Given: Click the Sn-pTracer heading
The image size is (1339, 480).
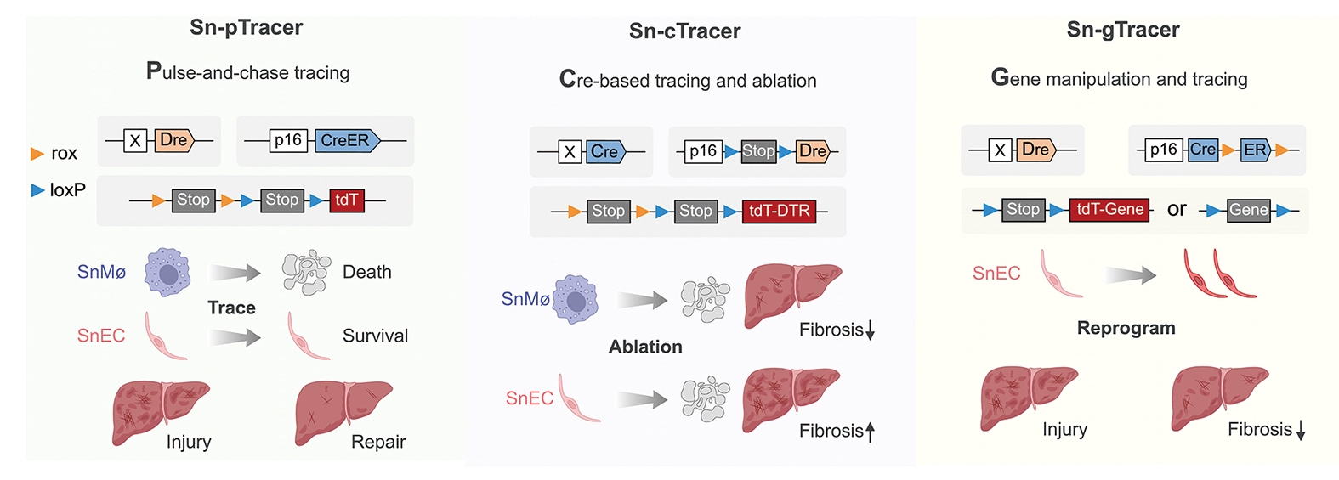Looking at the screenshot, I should (x=246, y=28).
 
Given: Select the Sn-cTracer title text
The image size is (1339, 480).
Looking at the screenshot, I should (x=684, y=31).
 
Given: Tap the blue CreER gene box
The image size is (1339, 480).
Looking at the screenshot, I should (x=345, y=140).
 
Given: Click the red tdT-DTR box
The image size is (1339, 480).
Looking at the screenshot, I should (x=779, y=211).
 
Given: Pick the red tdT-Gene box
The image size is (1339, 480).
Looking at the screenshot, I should (x=1109, y=209).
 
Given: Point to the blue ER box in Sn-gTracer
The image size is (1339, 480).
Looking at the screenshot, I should (x=1254, y=150).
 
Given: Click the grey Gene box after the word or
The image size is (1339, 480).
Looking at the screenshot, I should (x=1248, y=210).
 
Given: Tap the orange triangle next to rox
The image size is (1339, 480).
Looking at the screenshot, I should (x=37, y=154).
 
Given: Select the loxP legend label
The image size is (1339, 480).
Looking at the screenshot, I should (x=67, y=190).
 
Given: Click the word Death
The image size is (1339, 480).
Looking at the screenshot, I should (x=366, y=272).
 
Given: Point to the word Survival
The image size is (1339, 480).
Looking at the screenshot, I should (x=375, y=336).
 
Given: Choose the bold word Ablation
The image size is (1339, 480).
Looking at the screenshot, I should (x=645, y=347).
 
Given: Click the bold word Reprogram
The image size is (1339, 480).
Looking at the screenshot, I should (x=1126, y=328).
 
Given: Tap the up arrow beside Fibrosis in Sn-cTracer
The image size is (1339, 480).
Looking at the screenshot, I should (x=870, y=432).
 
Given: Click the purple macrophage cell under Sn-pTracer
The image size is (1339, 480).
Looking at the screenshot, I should (x=167, y=273).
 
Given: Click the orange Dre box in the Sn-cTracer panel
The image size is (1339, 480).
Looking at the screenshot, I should (x=812, y=151).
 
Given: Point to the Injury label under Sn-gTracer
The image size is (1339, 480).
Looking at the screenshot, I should (x=1064, y=429).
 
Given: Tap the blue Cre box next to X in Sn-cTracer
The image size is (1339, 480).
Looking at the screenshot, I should (x=604, y=152).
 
